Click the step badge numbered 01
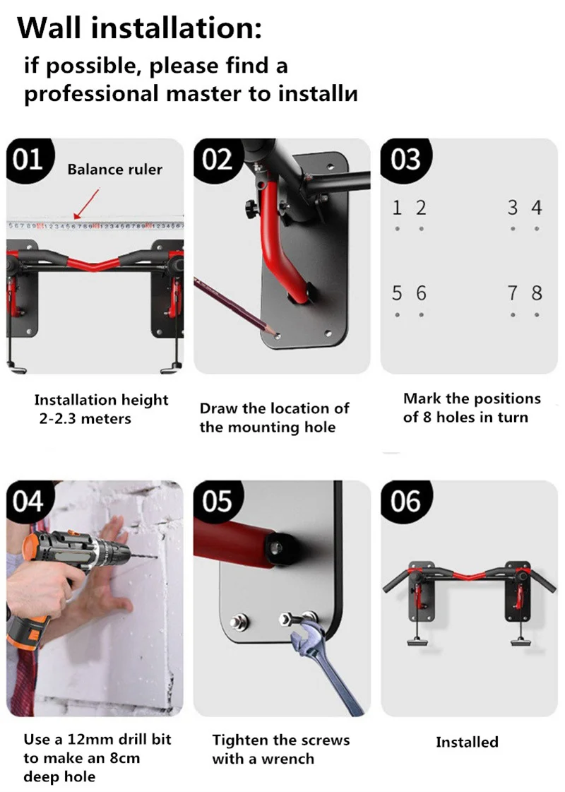tap(29, 160)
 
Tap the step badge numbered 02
tap(217, 160)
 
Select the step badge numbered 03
tap(405, 160)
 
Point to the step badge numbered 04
tap(29, 502)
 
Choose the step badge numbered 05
tap(217, 502)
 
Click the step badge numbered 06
tap(405, 502)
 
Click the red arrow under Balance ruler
tap(86, 203)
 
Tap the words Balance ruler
tap(115, 169)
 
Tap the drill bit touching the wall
tap(144, 557)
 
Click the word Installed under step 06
tap(467, 742)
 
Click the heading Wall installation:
tap(140, 28)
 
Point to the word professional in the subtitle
tap(91, 95)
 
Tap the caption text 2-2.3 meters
tap(85, 419)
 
